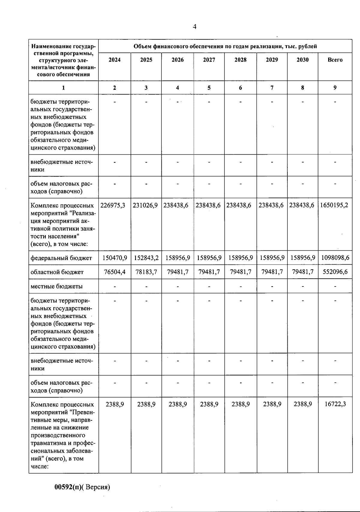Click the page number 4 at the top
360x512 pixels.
194,27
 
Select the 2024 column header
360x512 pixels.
115,60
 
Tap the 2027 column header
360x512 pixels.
209,60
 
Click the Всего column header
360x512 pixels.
335,60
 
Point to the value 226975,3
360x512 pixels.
113,205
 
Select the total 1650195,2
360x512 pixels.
334,205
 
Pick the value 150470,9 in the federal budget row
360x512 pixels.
115,258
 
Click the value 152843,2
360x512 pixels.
146,258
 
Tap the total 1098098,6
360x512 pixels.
335,258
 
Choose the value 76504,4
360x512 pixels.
115,272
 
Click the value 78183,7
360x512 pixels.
146,272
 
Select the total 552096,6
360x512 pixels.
335,272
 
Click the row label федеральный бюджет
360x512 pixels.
61,258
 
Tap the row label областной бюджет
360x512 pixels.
57,272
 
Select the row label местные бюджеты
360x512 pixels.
56,286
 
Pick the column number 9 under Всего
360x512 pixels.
335,88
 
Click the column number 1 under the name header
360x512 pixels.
63,88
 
